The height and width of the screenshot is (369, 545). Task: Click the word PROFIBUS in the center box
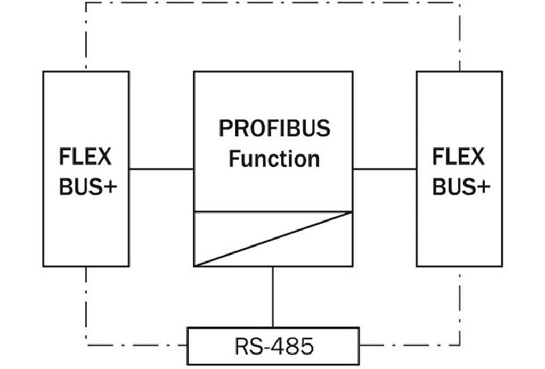pyautogui.click(x=274, y=128)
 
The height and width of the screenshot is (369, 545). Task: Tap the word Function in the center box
pyautogui.click(x=274, y=159)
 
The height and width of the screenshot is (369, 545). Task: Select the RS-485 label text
pyautogui.click(x=274, y=346)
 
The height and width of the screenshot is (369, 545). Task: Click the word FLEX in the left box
pyautogui.click(x=85, y=157)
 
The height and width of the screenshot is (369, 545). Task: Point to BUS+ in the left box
pyautogui.click(x=88, y=187)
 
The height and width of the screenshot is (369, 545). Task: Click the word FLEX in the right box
pyautogui.click(x=458, y=157)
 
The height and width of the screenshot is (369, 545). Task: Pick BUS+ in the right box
pyautogui.click(x=461, y=187)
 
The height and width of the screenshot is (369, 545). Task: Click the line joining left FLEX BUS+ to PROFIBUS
pyautogui.click(x=161, y=169)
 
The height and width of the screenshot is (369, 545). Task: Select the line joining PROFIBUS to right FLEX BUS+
pyautogui.click(x=385, y=169)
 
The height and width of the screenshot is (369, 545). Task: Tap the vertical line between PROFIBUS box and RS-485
pyautogui.click(x=273, y=297)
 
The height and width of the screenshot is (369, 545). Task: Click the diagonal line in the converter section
pyautogui.click(x=273, y=239)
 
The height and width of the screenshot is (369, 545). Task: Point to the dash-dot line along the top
pyautogui.click(x=273, y=3)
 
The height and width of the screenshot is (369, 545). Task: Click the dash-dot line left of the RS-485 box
pyautogui.click(x=136, y=345)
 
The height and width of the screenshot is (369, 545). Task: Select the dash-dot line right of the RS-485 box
pyautogui.click(x=410, y=345)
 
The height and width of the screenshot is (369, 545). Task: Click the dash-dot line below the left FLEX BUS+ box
pyautogui.click(x=86, y=306)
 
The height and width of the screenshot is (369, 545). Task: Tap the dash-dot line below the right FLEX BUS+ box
pyautogui.click(x=460, y=306)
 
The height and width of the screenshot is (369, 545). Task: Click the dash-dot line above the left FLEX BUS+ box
pyautogui.click(x=86, y=37)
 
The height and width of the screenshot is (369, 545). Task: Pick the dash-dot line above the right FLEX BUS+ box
pyautogui.click(x=460, y=37)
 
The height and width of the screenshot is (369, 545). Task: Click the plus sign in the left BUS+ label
pyautogui.click(x=110, y=187)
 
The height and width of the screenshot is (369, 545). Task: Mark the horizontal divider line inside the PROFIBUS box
pyautogui.click(x=273, y=211)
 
